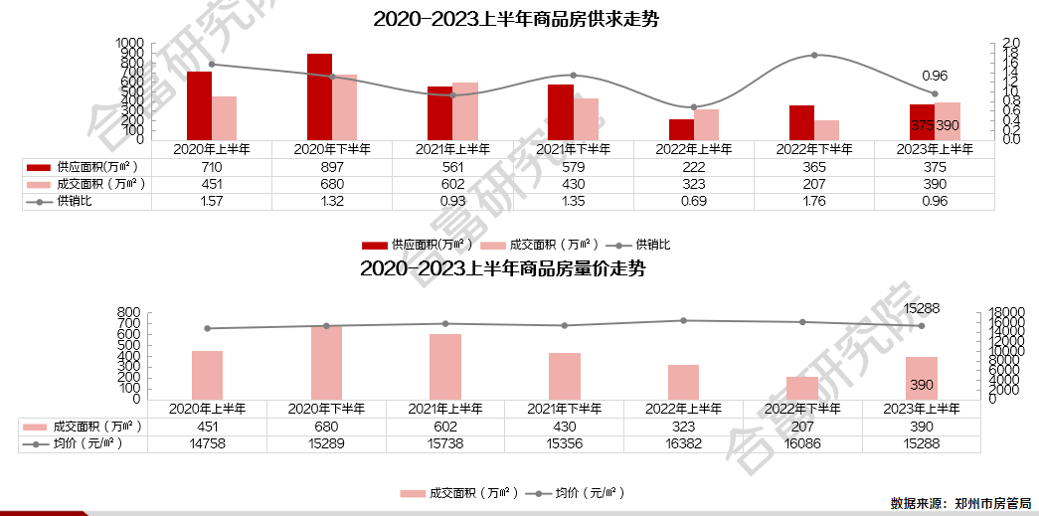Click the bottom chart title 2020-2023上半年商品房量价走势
coord(502,268)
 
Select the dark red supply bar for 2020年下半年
coord(319,96)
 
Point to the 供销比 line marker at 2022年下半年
coord(814,56)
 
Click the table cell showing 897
coord(332,167)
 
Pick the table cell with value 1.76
coord(813,201)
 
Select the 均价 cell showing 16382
coord(683,443)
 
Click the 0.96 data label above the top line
coord(935,76)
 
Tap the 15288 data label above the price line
coord(922,309)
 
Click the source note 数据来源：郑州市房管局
coord(960,504)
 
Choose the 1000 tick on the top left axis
coord(129,44)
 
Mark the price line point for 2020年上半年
coord(208,328)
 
